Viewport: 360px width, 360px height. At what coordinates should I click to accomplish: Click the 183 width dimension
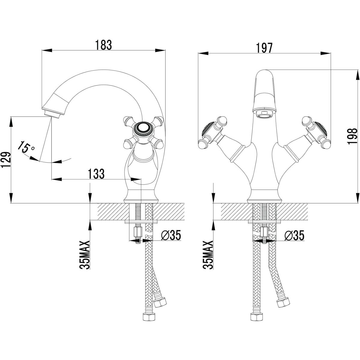pos(103,45)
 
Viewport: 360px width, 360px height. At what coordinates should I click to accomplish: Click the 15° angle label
pos(26,147)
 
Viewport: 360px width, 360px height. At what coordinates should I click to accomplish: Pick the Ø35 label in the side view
pos(171,236)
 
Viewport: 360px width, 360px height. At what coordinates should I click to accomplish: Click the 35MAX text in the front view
pos(209,255)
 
